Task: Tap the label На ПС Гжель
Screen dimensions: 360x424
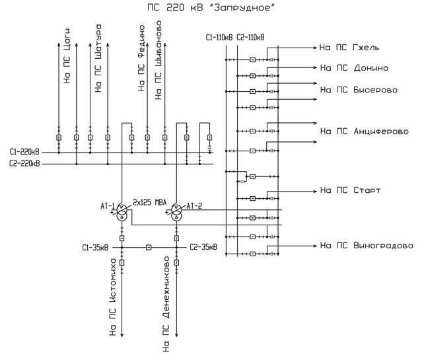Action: click(349, 49)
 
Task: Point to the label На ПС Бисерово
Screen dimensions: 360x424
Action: click(359, 89)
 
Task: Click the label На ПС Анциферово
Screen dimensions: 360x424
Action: click(364, 131)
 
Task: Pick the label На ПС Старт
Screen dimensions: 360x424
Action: click(350, 190)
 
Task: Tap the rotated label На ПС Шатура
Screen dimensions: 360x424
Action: click(98, 59)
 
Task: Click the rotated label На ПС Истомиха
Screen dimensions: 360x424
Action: click(113, 298)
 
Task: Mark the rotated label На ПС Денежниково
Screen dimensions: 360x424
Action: click(166, 305)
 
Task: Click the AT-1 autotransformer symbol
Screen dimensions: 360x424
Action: click(122, 211)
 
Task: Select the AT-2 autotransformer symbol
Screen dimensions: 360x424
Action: click(176, 211)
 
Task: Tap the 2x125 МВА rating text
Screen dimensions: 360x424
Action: click(150, 202)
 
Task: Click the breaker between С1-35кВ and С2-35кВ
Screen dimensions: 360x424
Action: click(149, 248)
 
